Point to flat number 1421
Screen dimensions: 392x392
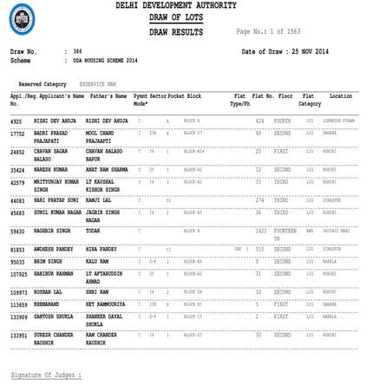click(x=260, y=232)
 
